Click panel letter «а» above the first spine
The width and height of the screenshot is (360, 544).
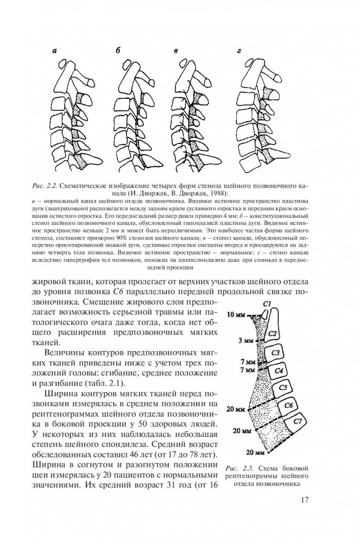[x=55, y=51]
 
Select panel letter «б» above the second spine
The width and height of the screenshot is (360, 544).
[x=117, y=51]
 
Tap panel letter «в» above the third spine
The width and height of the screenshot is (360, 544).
[x=176, y=51]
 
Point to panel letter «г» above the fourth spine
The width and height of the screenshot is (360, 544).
[x=238, y=51]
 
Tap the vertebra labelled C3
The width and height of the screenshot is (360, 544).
[x=275, y=353]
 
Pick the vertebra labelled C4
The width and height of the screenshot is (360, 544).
[x=279, y=371]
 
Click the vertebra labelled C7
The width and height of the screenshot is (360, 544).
[x=296, y=422]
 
